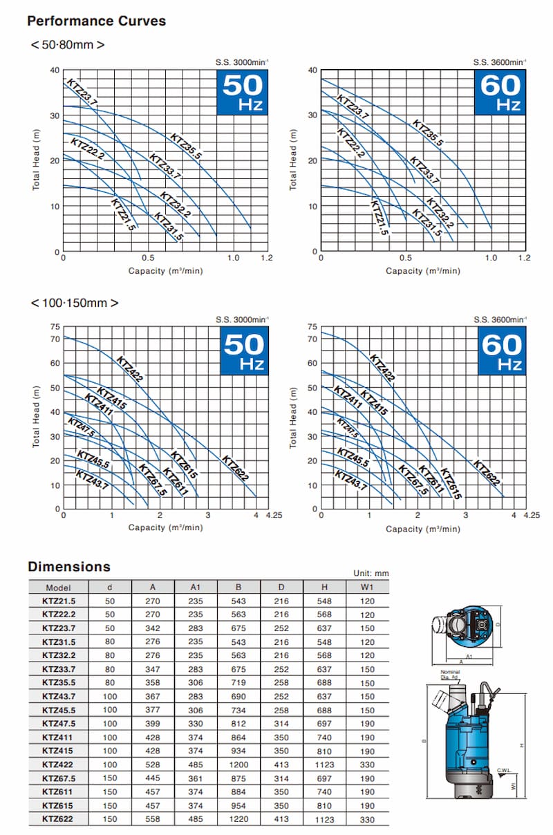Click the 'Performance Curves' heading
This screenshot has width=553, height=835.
point(96,21)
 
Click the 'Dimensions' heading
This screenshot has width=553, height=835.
point(68,567)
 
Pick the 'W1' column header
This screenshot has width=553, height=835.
point(367,587)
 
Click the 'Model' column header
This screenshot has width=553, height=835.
point(57,587)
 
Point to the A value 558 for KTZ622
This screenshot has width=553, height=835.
point(153,819)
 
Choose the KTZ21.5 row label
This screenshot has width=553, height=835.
point(59,601)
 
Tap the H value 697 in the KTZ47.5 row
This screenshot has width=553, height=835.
point(324,724)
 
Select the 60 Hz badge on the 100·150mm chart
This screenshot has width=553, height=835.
point(501,349)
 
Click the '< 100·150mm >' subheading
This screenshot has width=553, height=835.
point(74,303)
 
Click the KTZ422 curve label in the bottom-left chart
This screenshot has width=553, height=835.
point(129,368)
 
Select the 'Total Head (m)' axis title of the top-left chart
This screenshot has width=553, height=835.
point(37,160)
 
